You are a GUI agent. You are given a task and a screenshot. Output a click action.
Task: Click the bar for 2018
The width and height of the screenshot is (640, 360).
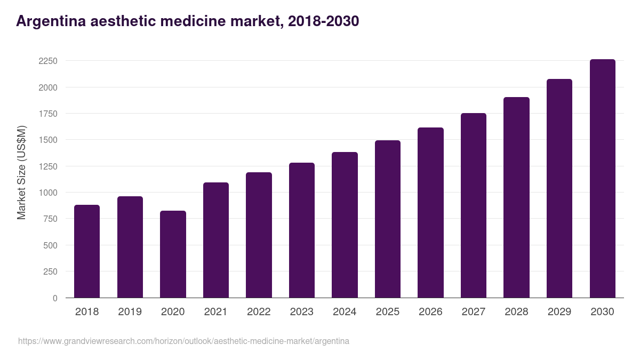87,251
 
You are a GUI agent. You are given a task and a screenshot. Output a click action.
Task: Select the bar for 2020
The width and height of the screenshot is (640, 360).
173,254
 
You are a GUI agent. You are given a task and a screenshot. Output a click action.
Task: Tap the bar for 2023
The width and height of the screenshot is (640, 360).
302,230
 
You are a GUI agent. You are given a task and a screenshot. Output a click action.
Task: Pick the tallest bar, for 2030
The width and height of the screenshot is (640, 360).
602,179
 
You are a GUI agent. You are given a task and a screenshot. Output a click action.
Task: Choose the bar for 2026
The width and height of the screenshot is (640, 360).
430,213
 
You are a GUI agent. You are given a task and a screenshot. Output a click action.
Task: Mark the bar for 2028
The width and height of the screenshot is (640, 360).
516,197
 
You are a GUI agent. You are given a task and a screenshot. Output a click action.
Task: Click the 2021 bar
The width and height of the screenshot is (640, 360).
216,240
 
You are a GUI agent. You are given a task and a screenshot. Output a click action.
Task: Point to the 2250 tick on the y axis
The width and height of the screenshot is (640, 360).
47,61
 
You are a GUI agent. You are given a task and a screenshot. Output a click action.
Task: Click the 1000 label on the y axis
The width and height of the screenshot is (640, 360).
47,193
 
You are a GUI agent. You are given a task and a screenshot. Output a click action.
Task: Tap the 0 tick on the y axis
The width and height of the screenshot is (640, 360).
55,298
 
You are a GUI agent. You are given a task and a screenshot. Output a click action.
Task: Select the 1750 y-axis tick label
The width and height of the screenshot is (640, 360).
47,114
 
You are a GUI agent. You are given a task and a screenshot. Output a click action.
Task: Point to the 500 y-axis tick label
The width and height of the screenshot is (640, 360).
50,245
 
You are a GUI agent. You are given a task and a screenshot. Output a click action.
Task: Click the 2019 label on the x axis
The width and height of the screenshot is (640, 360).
130,312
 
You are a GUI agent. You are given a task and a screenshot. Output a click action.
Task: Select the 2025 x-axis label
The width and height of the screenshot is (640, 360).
387,312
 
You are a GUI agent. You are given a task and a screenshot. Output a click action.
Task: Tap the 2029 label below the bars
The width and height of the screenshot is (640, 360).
559,312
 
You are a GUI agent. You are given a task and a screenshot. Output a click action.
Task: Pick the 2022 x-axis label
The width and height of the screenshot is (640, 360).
259,312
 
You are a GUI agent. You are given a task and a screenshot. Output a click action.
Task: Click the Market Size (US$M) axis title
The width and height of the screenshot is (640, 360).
21,172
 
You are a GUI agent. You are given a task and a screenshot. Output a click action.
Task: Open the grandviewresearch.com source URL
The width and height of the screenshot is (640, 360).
183,341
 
